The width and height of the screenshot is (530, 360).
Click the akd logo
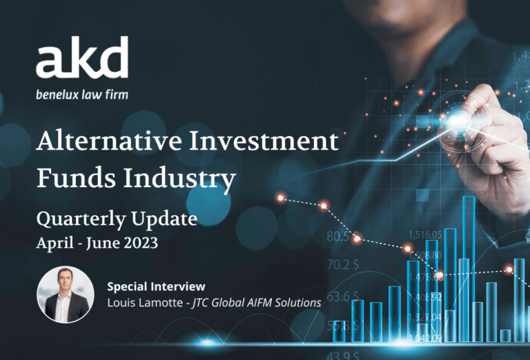coord(82,59)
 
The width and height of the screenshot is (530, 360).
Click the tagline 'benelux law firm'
coord(81,94)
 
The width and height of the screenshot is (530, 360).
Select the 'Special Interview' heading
coord(157,286)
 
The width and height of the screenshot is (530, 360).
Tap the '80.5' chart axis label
coord(338,237)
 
